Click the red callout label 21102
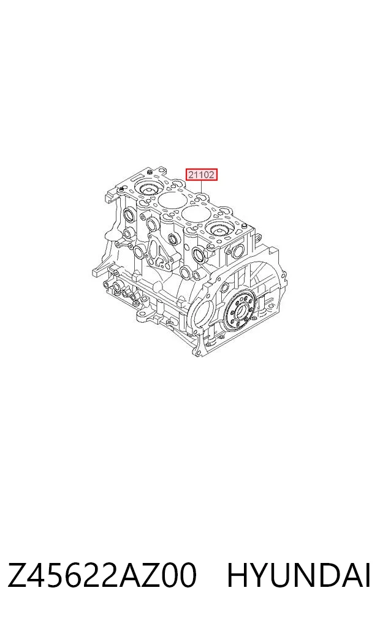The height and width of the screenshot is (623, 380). [202, 174]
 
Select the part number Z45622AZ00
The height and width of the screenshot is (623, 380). [102, 575]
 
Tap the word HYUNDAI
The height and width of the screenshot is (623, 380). [299, 575]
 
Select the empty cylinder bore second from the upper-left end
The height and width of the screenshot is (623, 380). [172, 202]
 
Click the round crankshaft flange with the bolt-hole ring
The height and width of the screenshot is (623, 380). [239, 311]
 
